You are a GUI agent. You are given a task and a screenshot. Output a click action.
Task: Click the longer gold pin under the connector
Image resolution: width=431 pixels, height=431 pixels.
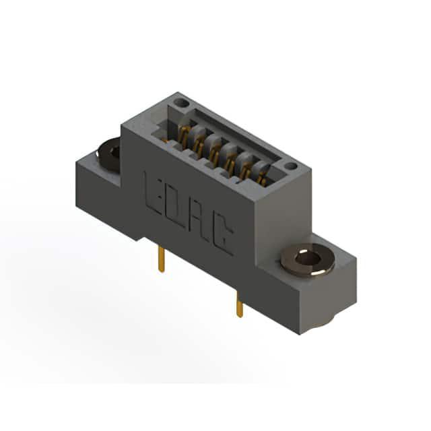[162, 259]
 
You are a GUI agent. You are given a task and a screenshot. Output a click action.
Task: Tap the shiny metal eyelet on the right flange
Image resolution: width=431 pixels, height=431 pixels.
[308, 260]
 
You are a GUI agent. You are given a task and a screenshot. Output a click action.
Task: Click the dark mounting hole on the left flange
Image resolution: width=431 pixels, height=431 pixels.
[109, 155]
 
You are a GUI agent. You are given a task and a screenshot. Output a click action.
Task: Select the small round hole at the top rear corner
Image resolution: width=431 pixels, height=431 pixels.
[182, 103]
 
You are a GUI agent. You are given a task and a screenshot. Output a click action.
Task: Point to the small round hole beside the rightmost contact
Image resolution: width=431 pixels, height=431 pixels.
[290, 166]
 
